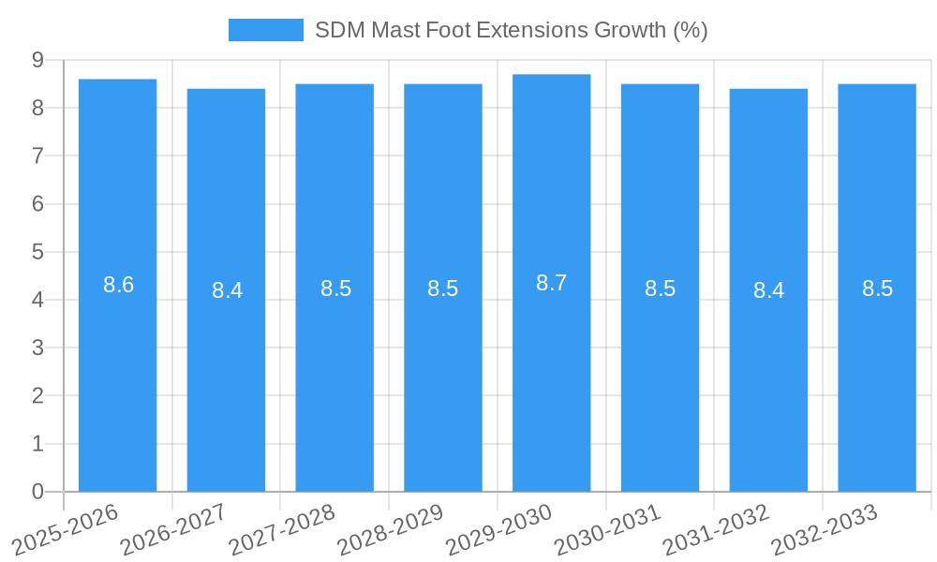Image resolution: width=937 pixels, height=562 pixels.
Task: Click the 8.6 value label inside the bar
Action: [x=119, y=285]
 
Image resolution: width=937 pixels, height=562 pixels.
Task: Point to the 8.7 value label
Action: [x=551, y=283]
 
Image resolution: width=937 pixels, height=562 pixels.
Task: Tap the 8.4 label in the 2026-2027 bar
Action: [x=227, y=290]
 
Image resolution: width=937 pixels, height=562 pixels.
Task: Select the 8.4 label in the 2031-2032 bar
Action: [x=768, y=290]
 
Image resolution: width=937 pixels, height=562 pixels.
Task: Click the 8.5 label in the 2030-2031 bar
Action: [x=660, y=288]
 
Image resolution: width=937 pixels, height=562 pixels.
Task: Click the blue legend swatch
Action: [x=266, y=30]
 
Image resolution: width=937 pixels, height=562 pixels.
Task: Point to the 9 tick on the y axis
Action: [x=38, y=60]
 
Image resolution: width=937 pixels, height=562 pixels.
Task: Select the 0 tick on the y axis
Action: [x=38, y=492]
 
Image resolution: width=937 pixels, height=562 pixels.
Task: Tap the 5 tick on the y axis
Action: [x=38, y=252]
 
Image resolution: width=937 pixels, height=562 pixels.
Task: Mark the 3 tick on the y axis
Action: [x=38, y=348]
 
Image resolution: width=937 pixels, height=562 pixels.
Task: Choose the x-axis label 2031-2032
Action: [x=716, y=530]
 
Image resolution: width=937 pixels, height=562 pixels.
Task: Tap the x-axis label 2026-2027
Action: [x=173, y=530]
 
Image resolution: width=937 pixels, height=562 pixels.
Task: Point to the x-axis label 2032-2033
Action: [x=825, y=530]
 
